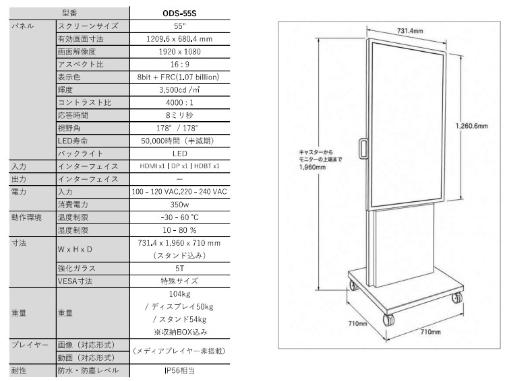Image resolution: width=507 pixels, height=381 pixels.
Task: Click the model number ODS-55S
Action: point(179,13)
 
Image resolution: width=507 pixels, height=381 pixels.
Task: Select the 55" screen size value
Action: point(179,26)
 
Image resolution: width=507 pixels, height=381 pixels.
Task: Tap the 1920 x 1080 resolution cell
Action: point(179,52)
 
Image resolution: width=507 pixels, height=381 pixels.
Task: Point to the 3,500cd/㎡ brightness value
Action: point(179,90)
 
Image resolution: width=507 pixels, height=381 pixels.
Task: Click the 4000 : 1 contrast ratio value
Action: point(179,103)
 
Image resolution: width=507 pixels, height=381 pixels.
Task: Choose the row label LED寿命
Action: point(73,141)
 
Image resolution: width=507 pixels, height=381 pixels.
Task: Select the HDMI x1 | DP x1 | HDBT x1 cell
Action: point(179,166)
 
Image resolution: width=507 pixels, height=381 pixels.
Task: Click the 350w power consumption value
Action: point(179,205)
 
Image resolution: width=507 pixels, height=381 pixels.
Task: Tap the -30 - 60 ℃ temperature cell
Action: point(179,217)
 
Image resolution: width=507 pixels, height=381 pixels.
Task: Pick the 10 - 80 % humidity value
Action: point(179,230)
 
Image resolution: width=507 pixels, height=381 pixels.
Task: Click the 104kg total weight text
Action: point(179,293)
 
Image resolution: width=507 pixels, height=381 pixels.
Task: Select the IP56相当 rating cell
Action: point(179,370)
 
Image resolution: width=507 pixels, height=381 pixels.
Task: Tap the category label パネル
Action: point(23,26)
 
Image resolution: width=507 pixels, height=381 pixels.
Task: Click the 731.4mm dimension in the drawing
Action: point(410,31)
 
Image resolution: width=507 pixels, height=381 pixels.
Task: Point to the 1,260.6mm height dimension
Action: point(471,126)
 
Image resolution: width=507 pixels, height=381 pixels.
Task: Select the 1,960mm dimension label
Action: point(312,167)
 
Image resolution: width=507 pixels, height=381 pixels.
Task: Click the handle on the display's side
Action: point(363,148)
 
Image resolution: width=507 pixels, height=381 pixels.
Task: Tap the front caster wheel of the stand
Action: point(388,319)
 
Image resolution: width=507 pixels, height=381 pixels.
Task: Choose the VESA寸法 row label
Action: point(75,281)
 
